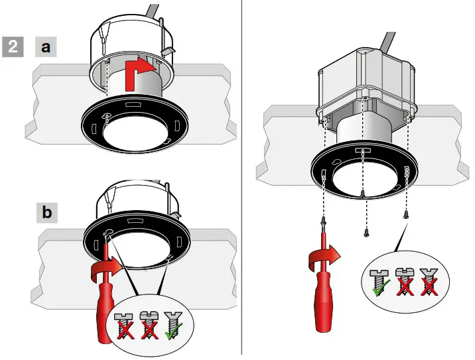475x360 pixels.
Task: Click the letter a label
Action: point(46,47)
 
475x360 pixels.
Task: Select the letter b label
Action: point(46,213)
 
